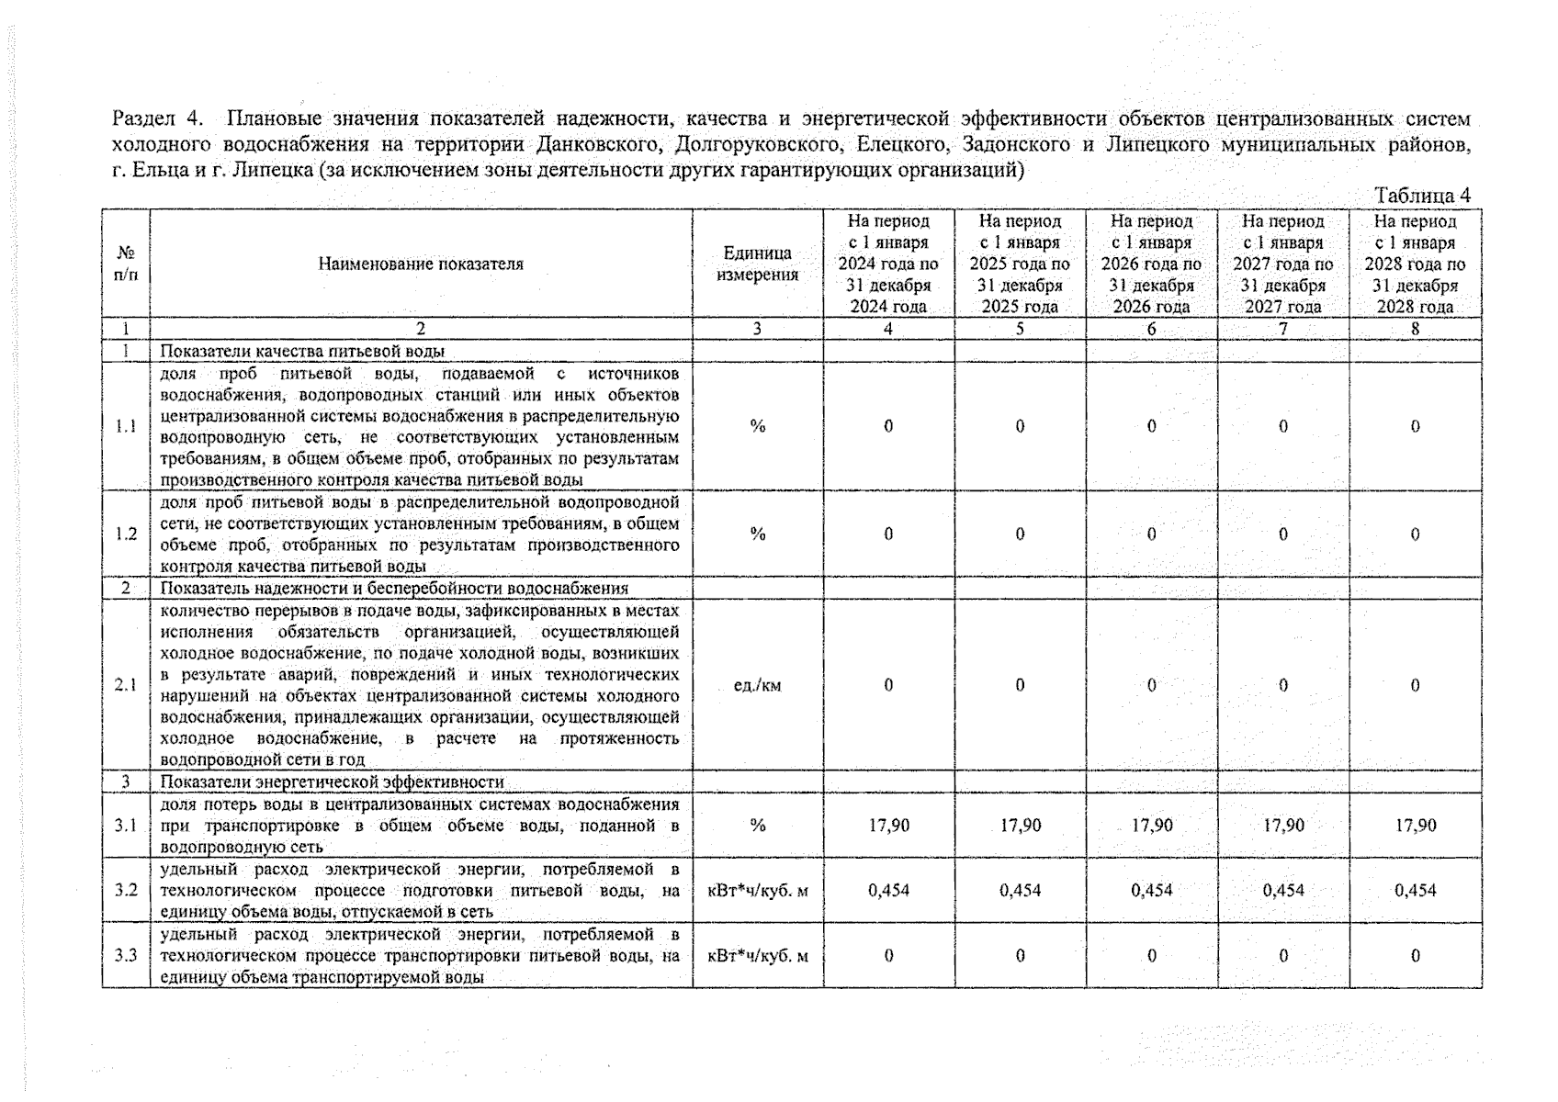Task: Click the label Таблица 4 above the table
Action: tap(1422, 196)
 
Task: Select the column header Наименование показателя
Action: tap(421, 264)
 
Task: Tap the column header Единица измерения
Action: tap(758, 264)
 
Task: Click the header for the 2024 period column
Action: tap(888, 264)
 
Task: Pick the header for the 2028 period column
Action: tap(1415, 264)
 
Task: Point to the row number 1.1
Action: tap(126, 426)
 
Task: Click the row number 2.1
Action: tap(126, 685)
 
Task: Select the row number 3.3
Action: tap(126, 956)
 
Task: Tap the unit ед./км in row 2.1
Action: tap(758, 685)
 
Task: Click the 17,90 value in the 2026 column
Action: tap(1152, 826)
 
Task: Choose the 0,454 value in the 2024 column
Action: tap(888, 891)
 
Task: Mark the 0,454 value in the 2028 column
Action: tap(1415, 891)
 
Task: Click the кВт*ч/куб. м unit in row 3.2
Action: tap(758, 891)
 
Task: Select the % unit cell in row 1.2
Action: tap(758, 534)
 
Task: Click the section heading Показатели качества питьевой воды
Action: tap(302, 352)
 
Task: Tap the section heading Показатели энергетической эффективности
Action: tap(333, 782)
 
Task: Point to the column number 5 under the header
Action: tap(1020, 329)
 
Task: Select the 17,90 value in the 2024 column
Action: tap(888, 826)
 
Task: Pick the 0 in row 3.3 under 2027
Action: tap(1283, 956)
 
